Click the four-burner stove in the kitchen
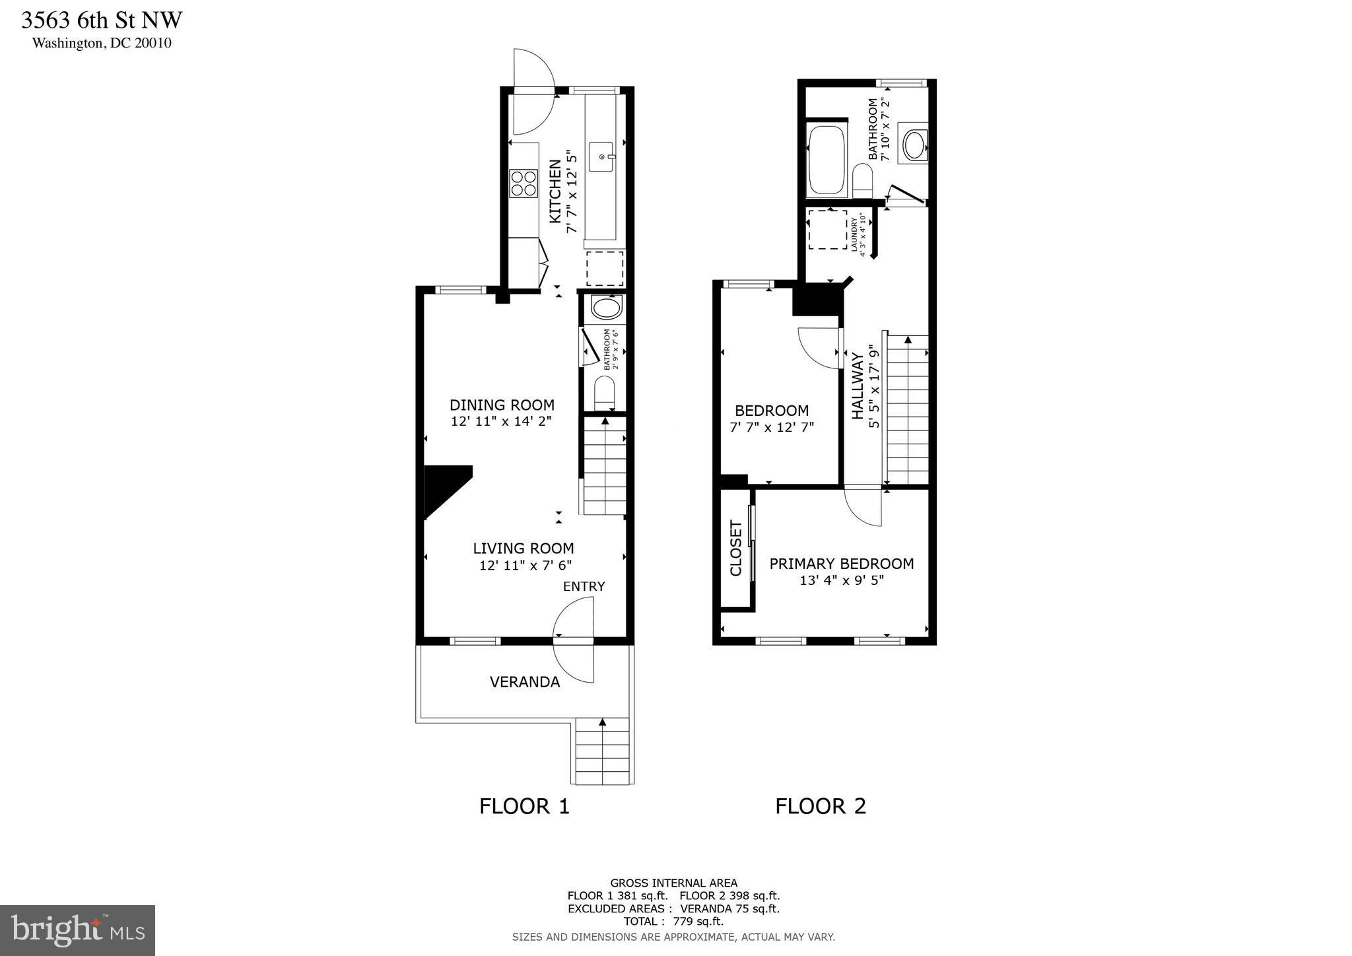pyautogui.click(x=523, y=183)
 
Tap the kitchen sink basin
pyautogui.click(x=601, y=156)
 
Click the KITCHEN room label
pyautogui.click(x=555, y=191)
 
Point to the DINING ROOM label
pyautogui.click(x=502, y=405)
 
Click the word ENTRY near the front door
pyautogui.click(x=584, y=586)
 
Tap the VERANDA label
pyautogui.click(x=525, y=682)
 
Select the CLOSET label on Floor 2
pyautogui.click(x=735, y=548)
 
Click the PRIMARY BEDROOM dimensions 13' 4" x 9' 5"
pyautogui.click(x=842, y=580)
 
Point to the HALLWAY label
pyautogui.click(x=858, y=386)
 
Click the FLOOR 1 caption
pyautogui.click(x=524, y=806)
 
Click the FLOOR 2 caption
pyautogui.click(x=820, y=806)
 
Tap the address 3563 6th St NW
pyautogui.click(x=102, y=20)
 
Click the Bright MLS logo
pyautogui.click(x=77, y=930)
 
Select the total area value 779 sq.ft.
pyautogui.click(x=698, y=921)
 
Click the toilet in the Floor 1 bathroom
pyautogui.click(x=604, y=393)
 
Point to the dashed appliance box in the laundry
pyautogui.click(x=828, y=230)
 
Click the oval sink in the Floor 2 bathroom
pyautogui.click(x=914, y=145)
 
